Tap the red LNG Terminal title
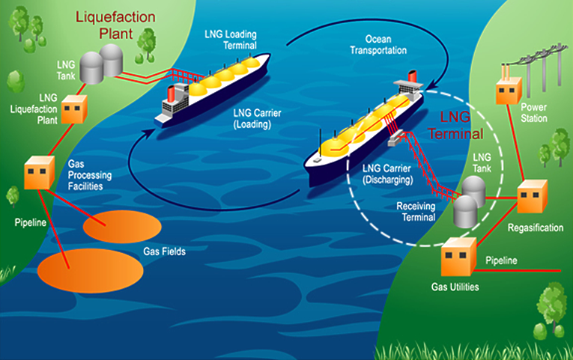click(x=458, y=125)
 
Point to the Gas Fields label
click(x=164, y=252)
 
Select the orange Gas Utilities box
click(x=458, y=257)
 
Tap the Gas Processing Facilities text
click(x=90, y=174)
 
